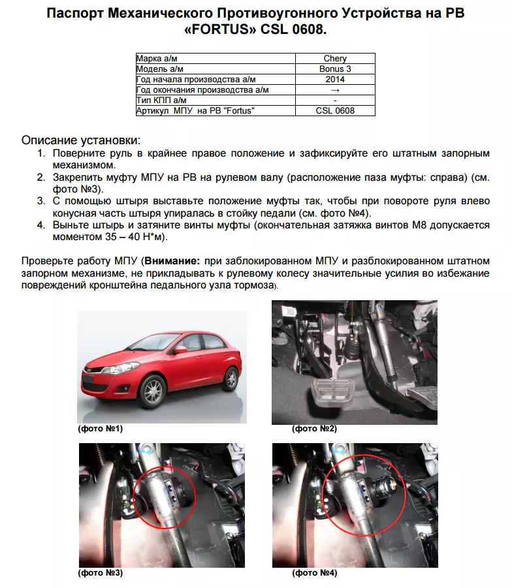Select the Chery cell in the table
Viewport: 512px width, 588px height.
click(335, 59)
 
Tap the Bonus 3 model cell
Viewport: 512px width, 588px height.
click(335, 69)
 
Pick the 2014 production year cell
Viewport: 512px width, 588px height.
click(335, 80)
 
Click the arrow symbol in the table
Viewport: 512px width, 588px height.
click(335, 90)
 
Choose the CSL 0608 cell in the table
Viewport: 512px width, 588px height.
click(335, 111)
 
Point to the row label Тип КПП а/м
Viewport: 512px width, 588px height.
click(161, 101)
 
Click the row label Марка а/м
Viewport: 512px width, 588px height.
click(157, 59)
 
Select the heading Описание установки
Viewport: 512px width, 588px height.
click(81, 140)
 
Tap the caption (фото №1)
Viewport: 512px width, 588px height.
click(100, 429)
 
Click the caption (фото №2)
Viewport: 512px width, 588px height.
click(314, 429)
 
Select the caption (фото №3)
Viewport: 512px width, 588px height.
click(100, 573)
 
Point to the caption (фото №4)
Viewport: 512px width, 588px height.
click(314, 573)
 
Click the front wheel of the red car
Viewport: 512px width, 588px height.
click(152, 392)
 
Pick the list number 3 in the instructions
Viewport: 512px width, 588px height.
click(40, 201)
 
